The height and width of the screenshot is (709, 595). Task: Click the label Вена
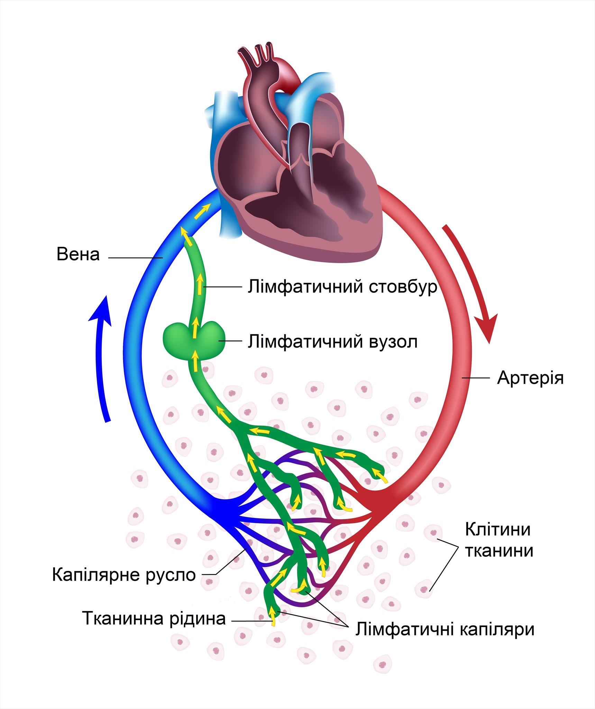78,254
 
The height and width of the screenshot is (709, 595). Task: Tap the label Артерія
530,378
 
